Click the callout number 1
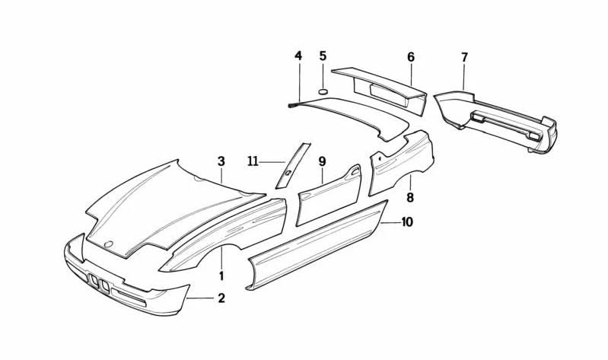click(x=221, y=276)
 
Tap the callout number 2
click(x=221, y=298)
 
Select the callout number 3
click(x=221, y=161)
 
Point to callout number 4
click(x=298, y=56)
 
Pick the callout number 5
click(x=323, y=56)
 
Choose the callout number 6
click(x=411, y=57)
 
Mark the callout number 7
click(x=464, y=57)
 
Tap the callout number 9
click(x=322, y=161)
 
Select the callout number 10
click(x=407, y=222)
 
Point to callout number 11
click(x=253, y=161)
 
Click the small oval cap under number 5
click(x=323, y=91)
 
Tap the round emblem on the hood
click(x=109, y=244)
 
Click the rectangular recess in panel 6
click(x=388, y=92)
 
